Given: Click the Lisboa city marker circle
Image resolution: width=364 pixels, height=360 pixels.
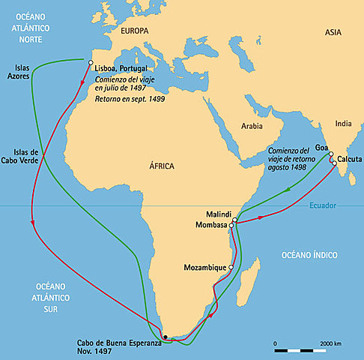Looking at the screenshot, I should (x=91, y=62).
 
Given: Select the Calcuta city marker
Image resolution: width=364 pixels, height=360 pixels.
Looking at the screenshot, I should (x=335, y=163).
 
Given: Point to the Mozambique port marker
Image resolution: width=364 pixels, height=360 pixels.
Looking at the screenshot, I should (x=231, y=267).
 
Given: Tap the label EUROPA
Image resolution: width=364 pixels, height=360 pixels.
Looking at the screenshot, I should (x=134, y=31).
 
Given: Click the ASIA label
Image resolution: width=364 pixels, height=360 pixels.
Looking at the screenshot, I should (x=333, y=33).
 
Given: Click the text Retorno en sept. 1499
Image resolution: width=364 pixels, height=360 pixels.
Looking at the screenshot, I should (x=130, y=97).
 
